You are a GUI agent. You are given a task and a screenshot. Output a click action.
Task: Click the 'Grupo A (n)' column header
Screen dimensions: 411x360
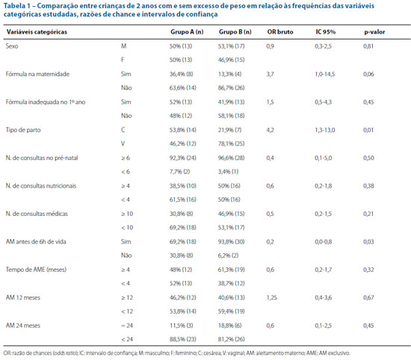pyautogui.click(x=187, y=32)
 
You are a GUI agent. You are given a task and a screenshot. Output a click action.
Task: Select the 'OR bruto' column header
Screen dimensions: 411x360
pyautogui.click(x=280, y=32)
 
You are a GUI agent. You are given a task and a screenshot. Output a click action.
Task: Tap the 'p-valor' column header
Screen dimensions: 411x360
pyautogui.click(x=374, y=32)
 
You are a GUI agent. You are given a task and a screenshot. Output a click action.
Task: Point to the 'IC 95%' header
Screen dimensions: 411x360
pyautogui.click(x=326, y=32)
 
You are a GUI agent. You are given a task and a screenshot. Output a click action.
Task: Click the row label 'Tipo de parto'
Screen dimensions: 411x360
pyautogui.click(x=23, y=130)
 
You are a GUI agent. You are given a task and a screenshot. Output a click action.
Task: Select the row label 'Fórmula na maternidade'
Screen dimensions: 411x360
pyautogui.click(x=37, y=74)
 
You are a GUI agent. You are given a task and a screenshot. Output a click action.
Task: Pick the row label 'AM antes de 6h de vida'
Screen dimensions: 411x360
pyautogui.click(x=36, y=241)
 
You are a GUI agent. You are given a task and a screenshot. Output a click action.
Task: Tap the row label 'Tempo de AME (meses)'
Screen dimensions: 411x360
pyautogui.click(x=36, y=270)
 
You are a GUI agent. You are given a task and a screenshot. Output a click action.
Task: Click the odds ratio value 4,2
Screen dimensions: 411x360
pyautogui.click(x=270, y=130)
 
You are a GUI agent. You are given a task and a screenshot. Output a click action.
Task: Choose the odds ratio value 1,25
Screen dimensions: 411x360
pyautogui.click(x=271, y=298)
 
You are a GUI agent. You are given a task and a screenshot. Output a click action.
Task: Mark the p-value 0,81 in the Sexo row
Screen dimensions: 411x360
pyautogui.click(x=368, y=46)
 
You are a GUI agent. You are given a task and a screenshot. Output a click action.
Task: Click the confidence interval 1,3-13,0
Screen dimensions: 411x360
pyautogui.click(x=325, y=130)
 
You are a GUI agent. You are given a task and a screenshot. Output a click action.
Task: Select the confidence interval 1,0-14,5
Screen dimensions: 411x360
pyautogui.click(x=325, y=74)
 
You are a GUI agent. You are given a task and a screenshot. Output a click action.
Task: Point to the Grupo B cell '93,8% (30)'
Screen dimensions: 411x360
pyautogui.click(x=231, y=242)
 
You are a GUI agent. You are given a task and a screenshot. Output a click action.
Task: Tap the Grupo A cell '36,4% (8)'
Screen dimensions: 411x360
pyautogui.click(x=181, y=74)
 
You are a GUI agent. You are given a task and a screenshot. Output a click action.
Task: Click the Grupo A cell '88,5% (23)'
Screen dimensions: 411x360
pyautogui.click(x=182, y=339)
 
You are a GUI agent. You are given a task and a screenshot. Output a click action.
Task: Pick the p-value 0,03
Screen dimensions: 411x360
pyautogui.click(x=368, y=242)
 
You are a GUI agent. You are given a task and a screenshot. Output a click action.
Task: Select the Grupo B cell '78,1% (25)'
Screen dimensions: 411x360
pyautogui.click(x=231, y=144)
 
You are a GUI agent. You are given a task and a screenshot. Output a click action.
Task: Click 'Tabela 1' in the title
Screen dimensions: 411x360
pyautogui.click(x=16, y=6)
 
